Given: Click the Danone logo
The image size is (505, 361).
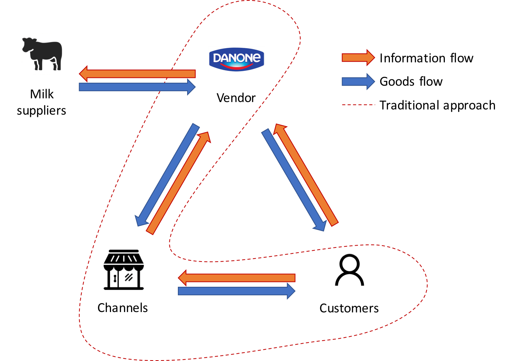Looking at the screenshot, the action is click(x=237, y=59).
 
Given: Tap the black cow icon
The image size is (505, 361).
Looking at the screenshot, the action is click(x=42, y=54).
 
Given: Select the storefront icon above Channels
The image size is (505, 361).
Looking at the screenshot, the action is click(x=124, y=270).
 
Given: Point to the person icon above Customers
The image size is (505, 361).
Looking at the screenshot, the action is click(x=349, y=270).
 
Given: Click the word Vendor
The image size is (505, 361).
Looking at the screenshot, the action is click(x=236, y=98).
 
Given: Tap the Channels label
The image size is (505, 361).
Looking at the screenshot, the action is click(x=123, y=308).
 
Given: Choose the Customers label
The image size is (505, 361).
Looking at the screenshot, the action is click(x=349, y=308).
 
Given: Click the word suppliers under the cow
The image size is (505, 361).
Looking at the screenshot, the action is click(x=42, y=111).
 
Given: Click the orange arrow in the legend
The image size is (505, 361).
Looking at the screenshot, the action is click(x=358, y=58).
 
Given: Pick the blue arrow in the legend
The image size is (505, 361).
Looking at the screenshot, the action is click(x=358, y=82).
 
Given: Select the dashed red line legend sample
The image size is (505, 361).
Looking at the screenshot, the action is click(x=358, y=105).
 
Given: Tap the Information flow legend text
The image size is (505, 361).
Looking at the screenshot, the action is click(x=426, y=58).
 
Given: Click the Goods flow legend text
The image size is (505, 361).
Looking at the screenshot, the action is click(x=411, y=82).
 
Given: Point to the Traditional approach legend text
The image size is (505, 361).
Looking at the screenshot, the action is click(x=437, y=105).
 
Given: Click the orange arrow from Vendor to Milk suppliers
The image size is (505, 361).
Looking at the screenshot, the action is click(x=137, y=73).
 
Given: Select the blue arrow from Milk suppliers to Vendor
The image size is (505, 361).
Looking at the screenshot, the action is click(x=137, y=87).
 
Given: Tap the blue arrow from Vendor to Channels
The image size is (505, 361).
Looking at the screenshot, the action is click(x=167, y=175).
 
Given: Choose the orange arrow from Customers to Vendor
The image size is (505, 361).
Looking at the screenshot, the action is click(x=306, y=175).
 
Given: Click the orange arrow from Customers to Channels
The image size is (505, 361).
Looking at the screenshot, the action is click(x=237, y=278).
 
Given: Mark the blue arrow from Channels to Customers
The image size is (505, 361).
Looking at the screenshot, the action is click(x=237, y=291).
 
